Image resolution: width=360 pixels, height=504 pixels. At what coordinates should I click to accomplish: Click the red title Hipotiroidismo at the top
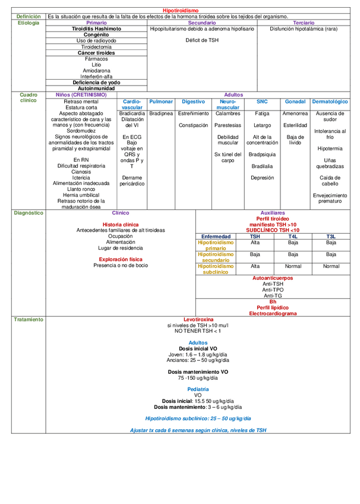click(181, 11)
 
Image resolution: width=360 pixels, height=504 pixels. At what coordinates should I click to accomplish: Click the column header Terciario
click(303, 23)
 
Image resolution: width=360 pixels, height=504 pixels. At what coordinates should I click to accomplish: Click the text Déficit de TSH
click(202, 40)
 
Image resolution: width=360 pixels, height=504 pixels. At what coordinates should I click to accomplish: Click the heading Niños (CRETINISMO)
click(81, 94)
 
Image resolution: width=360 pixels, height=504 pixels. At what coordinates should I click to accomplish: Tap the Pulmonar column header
click(161, 101)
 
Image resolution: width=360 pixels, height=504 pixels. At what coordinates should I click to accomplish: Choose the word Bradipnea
click(161, 114)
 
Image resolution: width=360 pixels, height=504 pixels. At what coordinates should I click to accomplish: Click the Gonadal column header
click(295, 101)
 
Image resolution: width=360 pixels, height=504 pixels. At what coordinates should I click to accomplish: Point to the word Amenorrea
click(295, 114)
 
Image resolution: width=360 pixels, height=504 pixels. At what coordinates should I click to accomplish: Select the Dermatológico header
click(330, 101)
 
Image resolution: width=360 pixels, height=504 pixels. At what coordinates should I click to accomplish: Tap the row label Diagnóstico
click(29, 212)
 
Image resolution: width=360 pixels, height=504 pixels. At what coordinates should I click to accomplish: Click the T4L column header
click(293, 236)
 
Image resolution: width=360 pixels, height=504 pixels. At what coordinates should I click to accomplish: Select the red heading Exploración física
click(121, 260)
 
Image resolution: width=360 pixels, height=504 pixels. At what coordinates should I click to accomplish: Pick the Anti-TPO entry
click(273, 290)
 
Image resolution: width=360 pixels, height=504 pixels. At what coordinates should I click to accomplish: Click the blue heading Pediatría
click(198, 389)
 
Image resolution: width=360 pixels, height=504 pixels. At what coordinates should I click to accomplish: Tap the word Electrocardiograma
click(273, 313)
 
